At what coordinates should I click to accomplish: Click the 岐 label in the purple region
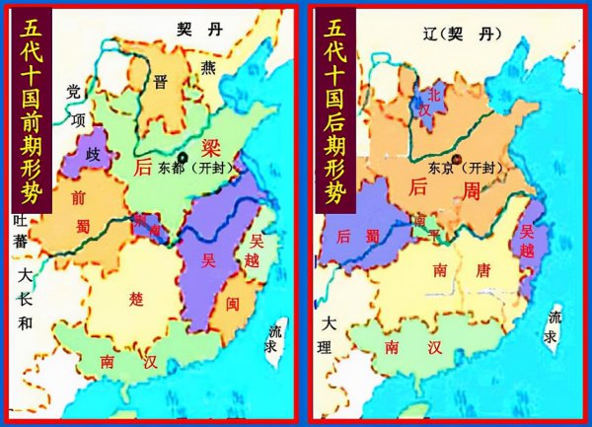95,156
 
